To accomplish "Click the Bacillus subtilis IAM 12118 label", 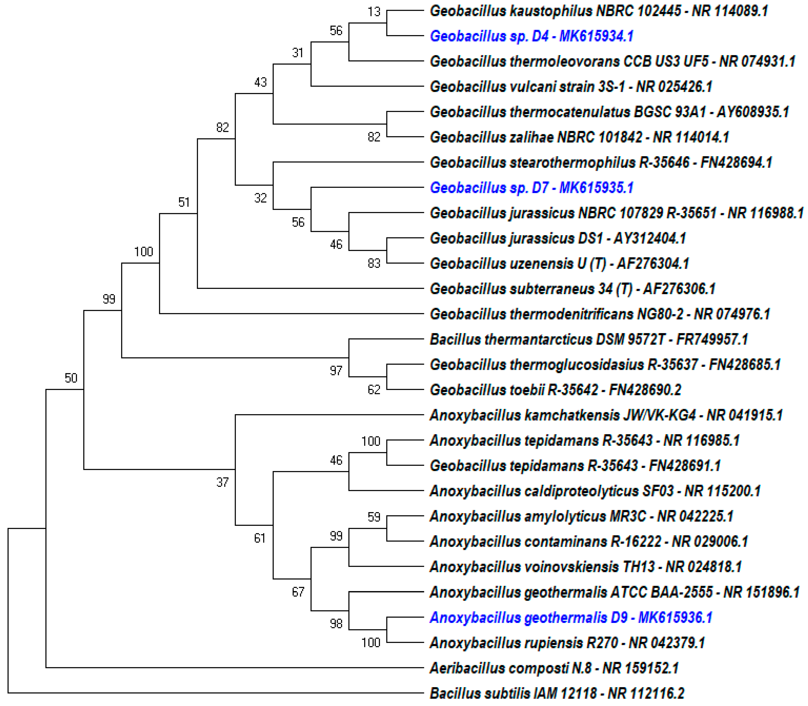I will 557,693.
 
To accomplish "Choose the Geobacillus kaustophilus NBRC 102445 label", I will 598,11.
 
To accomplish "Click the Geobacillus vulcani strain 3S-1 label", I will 571,87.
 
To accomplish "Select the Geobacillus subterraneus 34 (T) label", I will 572,289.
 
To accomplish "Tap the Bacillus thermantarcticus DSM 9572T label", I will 589,339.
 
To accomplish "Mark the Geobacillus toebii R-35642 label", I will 555,390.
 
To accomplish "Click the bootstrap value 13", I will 374,12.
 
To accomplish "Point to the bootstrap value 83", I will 374,263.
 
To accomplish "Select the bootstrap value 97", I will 336,370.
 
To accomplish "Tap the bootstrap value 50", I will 71,378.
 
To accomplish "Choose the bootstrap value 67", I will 298,592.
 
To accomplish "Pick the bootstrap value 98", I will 336,623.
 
